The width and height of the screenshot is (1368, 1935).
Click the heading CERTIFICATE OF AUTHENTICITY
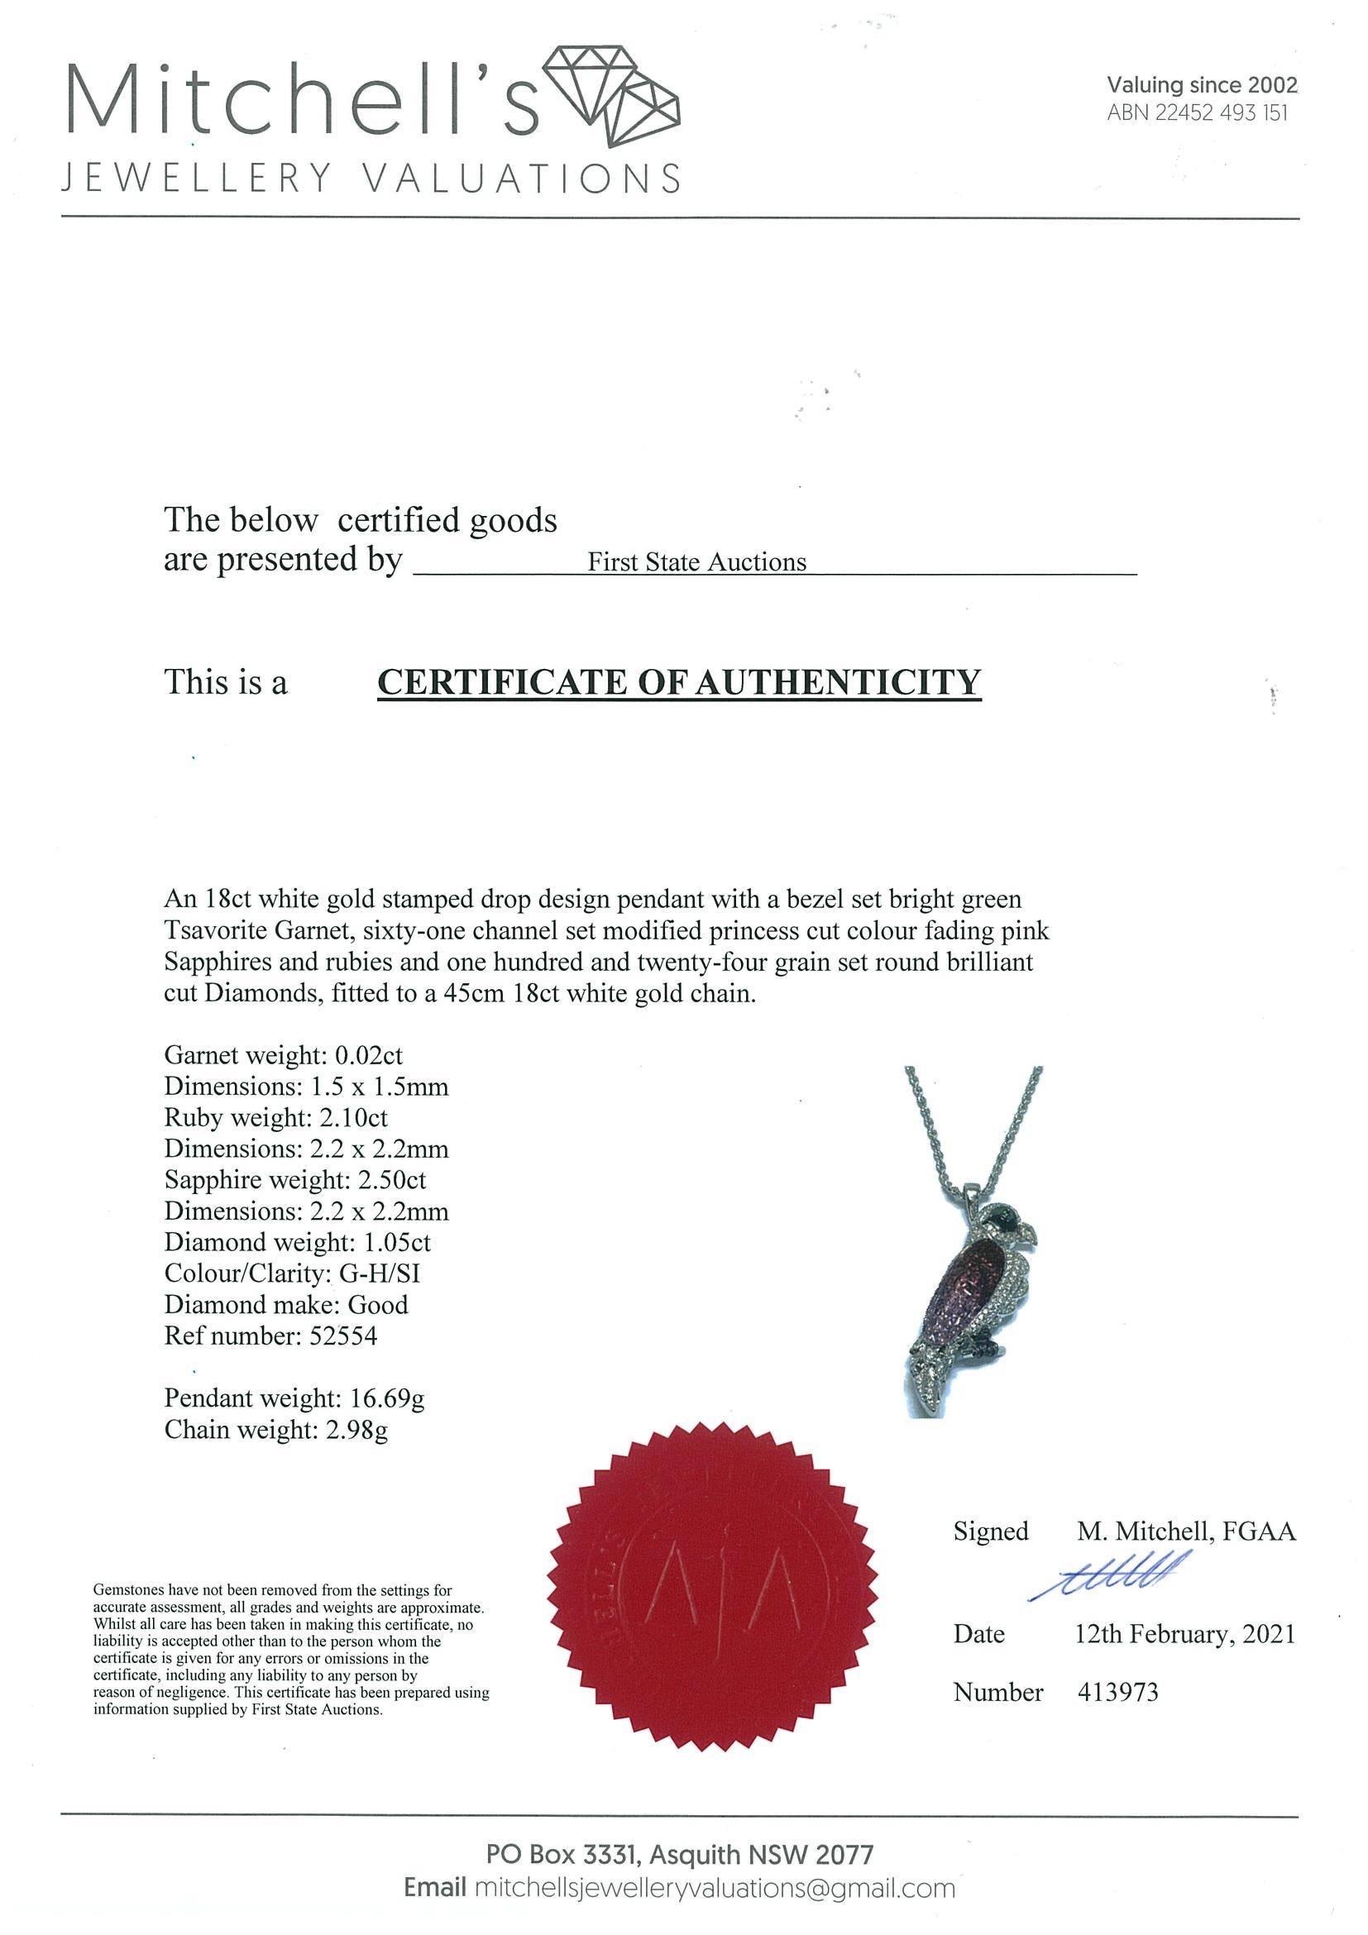(x=679, y=682)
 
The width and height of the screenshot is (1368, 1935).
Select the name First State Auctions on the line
(x=696, y=563)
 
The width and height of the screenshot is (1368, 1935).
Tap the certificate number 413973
(x=1117, y=1691)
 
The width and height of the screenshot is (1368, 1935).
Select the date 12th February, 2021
(x=1184, y=1635)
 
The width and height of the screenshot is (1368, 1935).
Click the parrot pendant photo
(x=973, y=1245)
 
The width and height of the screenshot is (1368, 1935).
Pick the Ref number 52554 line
(x=270, y=1335)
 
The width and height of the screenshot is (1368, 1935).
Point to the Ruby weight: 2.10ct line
(x=275, y=1117)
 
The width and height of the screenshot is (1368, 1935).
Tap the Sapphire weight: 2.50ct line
(x=295, y=1180)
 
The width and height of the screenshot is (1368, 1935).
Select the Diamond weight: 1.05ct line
(x=297, y=1242)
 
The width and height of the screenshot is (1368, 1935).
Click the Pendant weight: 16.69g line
(x=294, y=1398)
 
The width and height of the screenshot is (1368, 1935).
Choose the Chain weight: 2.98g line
(x=275, y=1430)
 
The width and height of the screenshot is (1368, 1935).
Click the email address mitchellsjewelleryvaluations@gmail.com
(x=715, y=1889)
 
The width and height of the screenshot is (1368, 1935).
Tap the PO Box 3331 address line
(x=679, y=1855)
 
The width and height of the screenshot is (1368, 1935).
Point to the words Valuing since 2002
(x=1202, y=85)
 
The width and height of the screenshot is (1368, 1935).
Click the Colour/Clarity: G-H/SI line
(x=292, y=1273)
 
